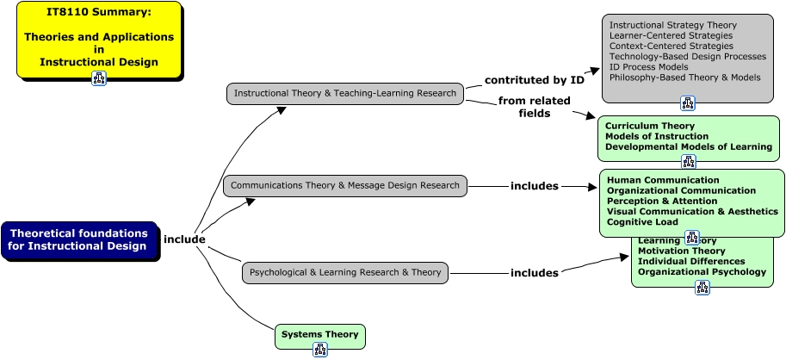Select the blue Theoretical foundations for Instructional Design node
tap(78, 239)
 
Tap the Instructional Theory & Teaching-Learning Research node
tap(345, 93)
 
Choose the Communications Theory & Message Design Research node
tap(345, 185)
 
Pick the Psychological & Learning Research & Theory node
tap(345, 273)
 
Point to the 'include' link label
tap(184, 239)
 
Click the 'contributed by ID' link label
tap(535, 80)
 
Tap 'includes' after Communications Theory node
tap(535, 185)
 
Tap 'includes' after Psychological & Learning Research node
tap(535, 273)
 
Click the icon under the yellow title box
tap(99, 78)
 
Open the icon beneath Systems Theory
tap(320, 349)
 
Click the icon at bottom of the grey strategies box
tap(688, 103)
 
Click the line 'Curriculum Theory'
tap(649, 126)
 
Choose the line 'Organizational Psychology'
tap(702, 271)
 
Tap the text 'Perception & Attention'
tap(662, 201)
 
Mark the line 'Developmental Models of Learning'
tap(688, 146)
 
